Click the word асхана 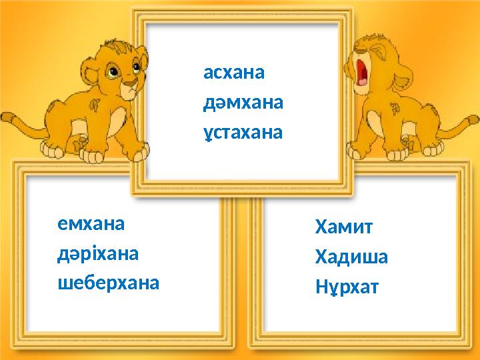(234, 73)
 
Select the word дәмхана (243, 103)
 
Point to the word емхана (91, 224)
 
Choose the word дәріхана (98, 254)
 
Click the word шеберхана (109, 284)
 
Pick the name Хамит (344, 227)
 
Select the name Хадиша (351, 257)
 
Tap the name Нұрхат (347, 287)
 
